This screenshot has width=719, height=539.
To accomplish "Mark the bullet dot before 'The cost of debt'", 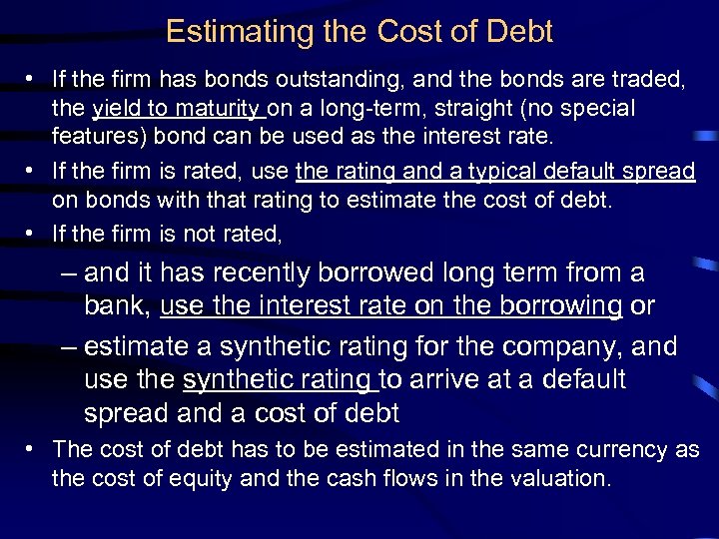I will click(34, 450).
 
